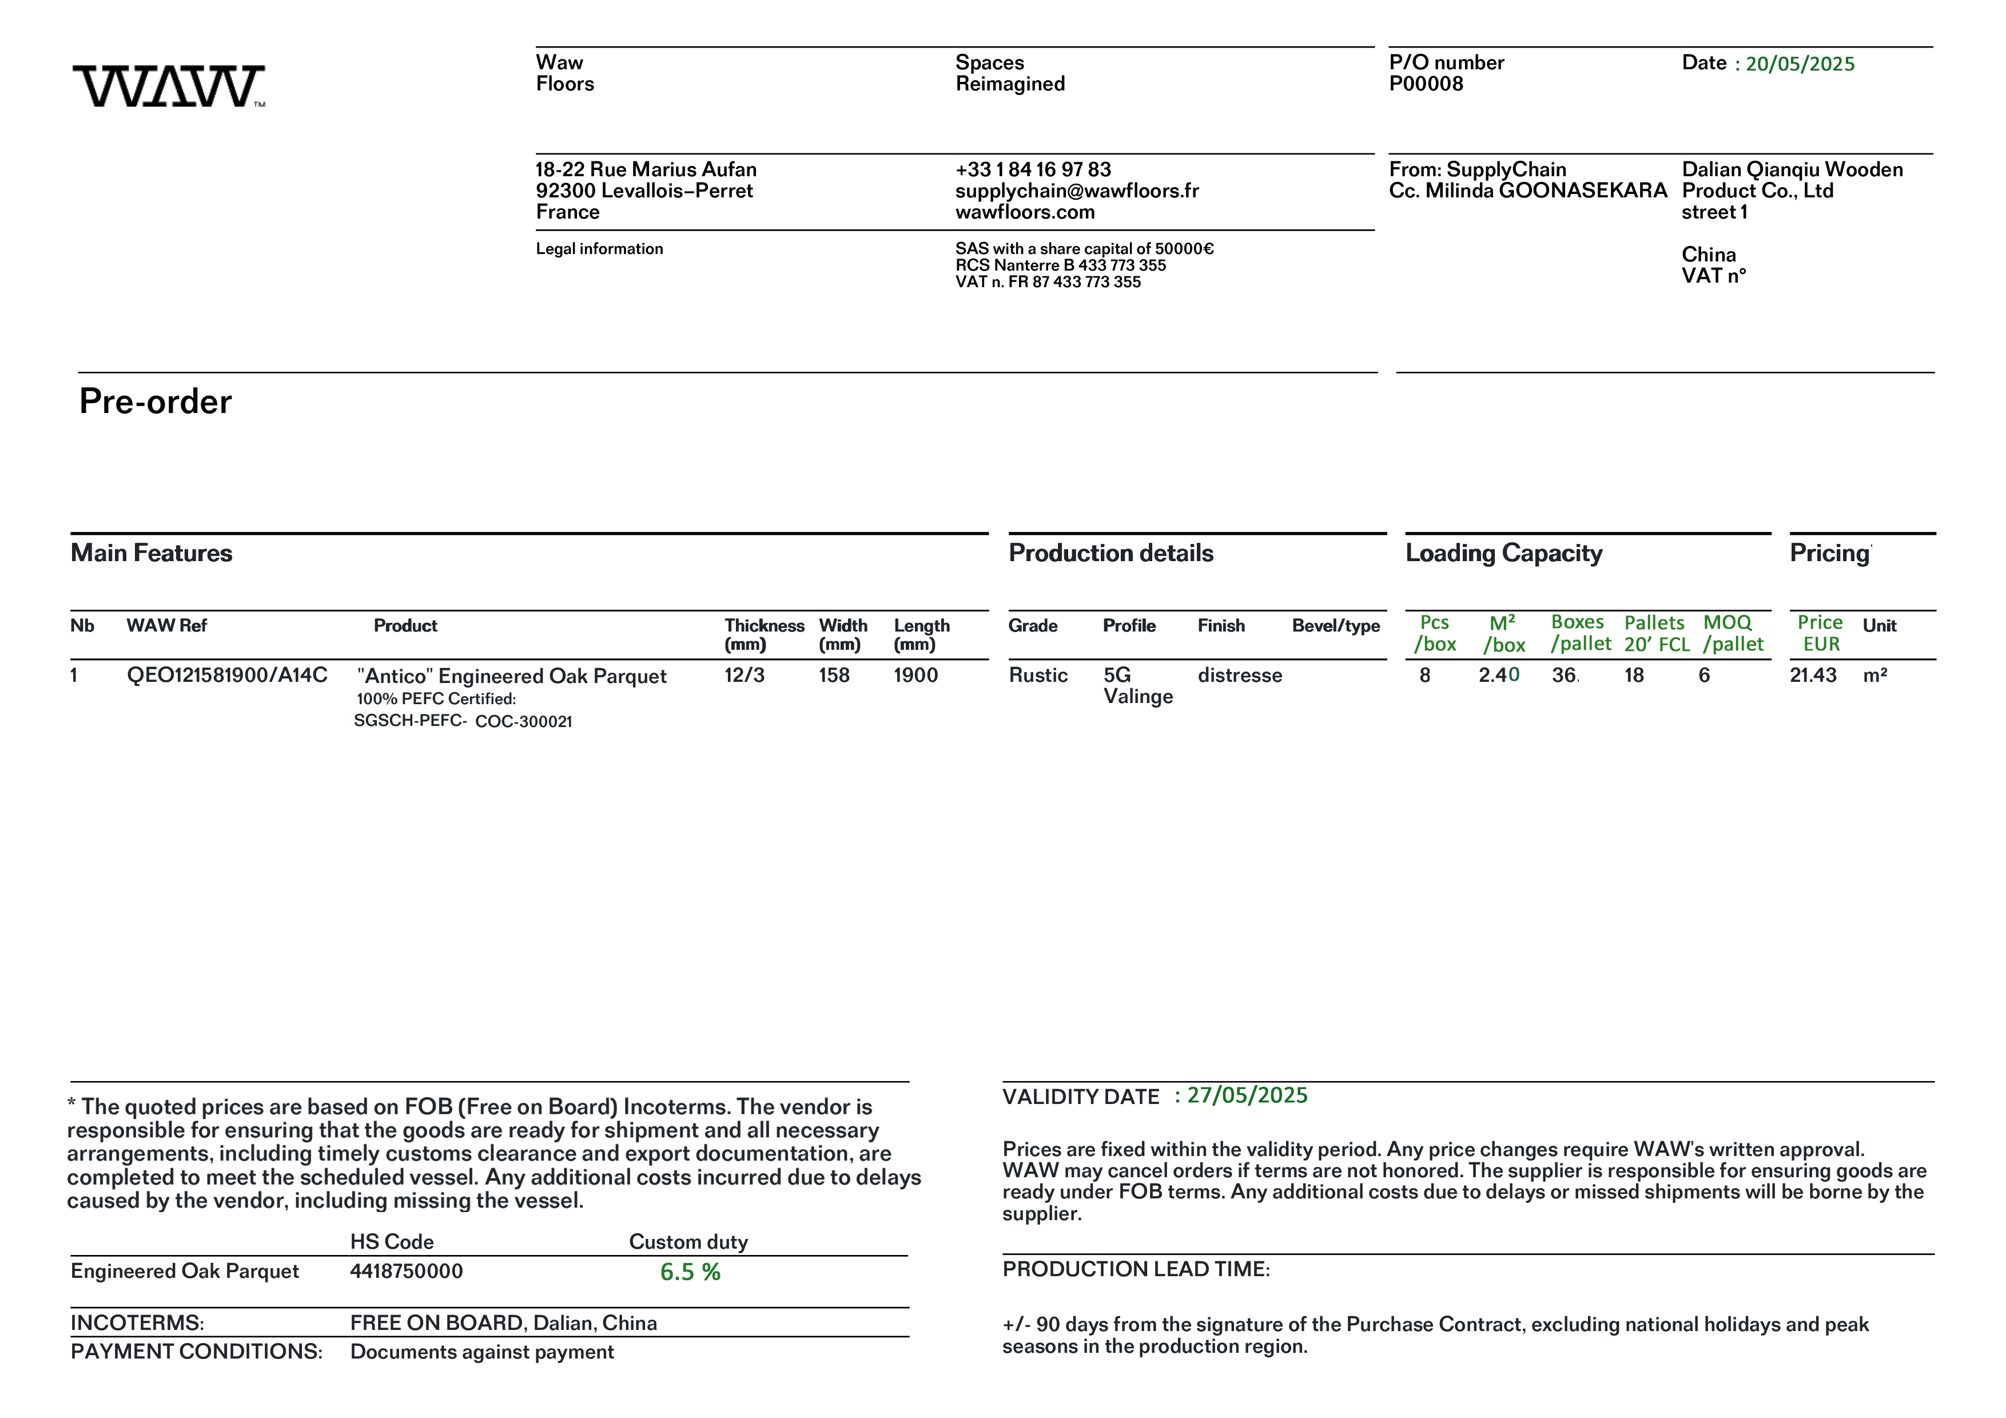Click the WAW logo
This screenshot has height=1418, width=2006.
pos(169,86)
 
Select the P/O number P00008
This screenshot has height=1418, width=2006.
pos(1425,84)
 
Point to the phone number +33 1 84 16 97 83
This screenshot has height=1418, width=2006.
pos(1033,169)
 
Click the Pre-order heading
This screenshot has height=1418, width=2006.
pos(156,402)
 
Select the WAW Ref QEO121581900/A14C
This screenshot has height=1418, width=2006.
pos(227,676)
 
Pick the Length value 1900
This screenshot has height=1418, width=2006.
pos(915,676)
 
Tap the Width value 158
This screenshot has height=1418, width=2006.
pos(834,676)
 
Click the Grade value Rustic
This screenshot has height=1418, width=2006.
pos(1038,676)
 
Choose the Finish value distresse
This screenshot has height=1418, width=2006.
pos(1240,676)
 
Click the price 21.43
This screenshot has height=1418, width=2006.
pos(1813,676)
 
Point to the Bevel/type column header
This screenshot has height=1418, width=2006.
pos(1336,626)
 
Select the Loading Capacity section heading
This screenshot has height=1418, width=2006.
pos(1503,553)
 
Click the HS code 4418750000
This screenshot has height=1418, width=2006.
pos(406,1271)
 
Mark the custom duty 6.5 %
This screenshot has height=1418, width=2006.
pos(690,1272)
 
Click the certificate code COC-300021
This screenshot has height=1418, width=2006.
pos(523,722)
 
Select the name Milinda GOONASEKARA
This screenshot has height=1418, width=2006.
pos(1546,190)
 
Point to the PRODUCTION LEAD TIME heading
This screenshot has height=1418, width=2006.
pos(1136,1269)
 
